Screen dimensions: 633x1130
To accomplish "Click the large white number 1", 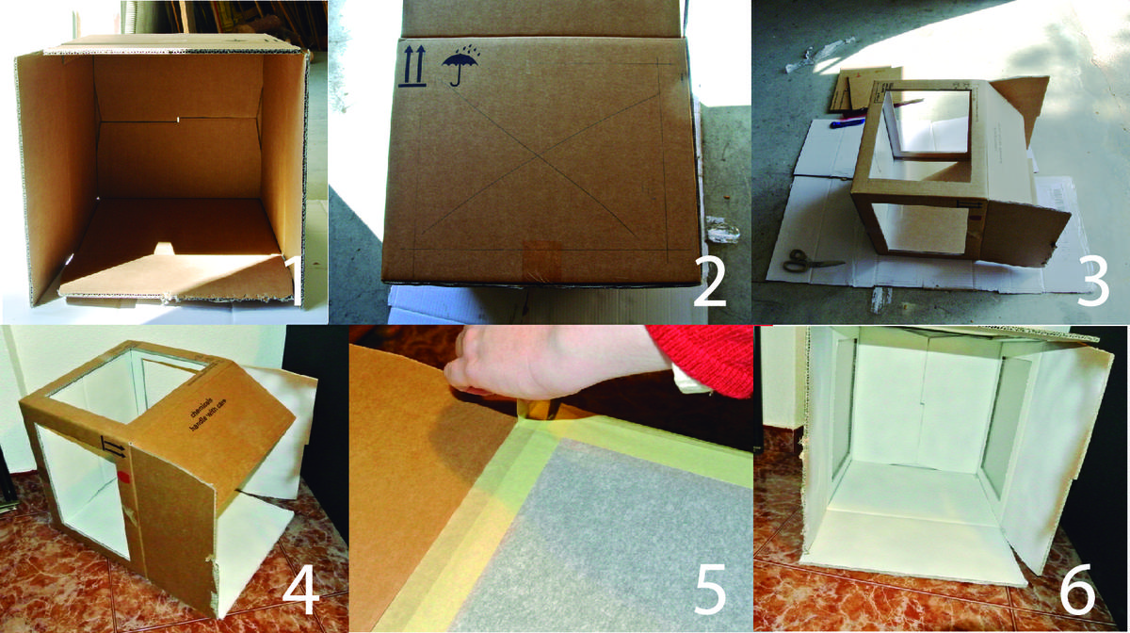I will pos(294,284).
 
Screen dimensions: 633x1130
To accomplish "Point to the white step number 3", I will pos(1091,281).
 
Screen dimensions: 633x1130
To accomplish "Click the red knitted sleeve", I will pos(706,358).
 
